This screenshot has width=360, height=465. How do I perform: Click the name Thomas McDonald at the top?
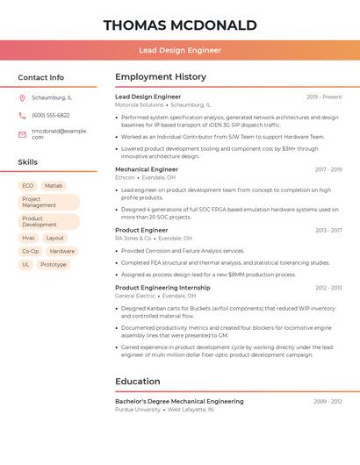click(x=180, y=25)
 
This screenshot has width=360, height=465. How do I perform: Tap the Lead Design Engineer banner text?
click(x=180, y=51)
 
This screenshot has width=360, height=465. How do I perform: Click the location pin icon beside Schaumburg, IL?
click(x=22, y=97)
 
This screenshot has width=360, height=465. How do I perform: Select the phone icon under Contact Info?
click(x=22, y=115)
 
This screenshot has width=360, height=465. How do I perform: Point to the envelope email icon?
click(x=22, y=133)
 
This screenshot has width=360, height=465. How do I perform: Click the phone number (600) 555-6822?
click(x=50, y=115)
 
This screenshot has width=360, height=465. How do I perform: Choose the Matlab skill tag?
click(x=54, y=186)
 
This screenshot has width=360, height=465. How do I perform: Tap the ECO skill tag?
click(x=28, y=186)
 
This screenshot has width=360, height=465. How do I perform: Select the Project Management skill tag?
click(x=48, y=203)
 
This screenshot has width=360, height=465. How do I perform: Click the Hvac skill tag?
click(x=28, y=238)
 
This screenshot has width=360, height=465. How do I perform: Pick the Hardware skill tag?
click(x=62, y=251)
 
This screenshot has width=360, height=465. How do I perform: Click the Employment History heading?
click(x=161, y=77)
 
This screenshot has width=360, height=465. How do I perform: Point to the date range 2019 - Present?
click(x=324, y=97)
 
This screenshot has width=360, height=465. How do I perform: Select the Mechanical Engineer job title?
click(x=147, y=169)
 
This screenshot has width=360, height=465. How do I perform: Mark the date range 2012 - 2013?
click(x=328, y=288)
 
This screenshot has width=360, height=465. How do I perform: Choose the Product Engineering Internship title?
click(x=162, y=288)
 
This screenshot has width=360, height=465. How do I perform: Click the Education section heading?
click(x=138, y=382)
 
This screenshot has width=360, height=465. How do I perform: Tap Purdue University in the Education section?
click(x=138, y=410)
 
